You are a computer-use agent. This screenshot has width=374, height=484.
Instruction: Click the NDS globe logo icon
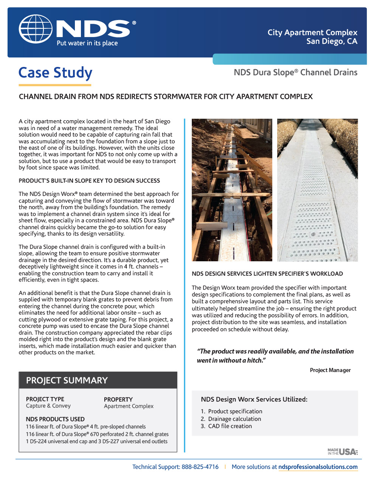pos(36,30)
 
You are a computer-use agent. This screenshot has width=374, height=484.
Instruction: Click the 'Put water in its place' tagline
pos(87,43)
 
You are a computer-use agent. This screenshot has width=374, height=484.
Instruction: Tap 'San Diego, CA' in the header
pos(332,41)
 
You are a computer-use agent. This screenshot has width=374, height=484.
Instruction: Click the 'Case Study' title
pos(56,73)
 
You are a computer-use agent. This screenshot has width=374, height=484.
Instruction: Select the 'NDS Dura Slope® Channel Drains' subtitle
pos(295,72)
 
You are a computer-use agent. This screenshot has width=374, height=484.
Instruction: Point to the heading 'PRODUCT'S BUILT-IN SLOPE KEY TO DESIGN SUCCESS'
pos(89,181)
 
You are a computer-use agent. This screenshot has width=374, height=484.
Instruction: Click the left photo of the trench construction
pos(232,190)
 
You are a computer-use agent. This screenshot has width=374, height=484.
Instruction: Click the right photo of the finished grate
pos(317,190)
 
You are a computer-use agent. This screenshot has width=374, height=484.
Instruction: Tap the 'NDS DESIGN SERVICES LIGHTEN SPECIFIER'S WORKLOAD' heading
pos(267,274)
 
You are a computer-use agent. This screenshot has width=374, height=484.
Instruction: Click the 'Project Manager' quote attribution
pos(330,370)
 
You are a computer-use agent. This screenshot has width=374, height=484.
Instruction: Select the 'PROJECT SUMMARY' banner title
pos(67,380)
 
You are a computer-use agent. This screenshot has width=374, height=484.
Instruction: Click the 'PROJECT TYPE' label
pos(45,399)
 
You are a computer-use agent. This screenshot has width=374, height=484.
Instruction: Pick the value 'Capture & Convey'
pos(48,406)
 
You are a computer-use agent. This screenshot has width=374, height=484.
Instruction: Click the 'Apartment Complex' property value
pos(129,406)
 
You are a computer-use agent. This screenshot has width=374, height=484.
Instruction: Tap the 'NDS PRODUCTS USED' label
pos(55,419)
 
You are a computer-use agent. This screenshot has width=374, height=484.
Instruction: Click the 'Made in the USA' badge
pos(342,451)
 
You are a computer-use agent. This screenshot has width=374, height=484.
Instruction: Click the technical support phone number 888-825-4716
pos(200,467)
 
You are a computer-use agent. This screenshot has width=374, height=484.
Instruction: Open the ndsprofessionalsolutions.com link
pos(318,467)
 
